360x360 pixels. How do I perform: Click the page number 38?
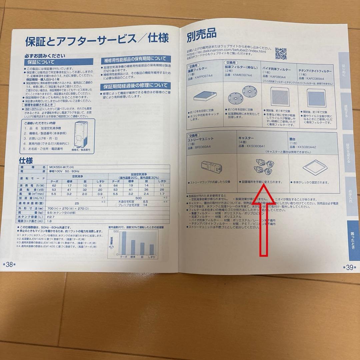9,264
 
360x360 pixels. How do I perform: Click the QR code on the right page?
281,53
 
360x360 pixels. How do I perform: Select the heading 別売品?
201,34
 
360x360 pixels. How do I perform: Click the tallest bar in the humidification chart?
124,242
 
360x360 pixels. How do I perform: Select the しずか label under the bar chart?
152,257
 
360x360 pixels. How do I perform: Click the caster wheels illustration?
262,166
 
